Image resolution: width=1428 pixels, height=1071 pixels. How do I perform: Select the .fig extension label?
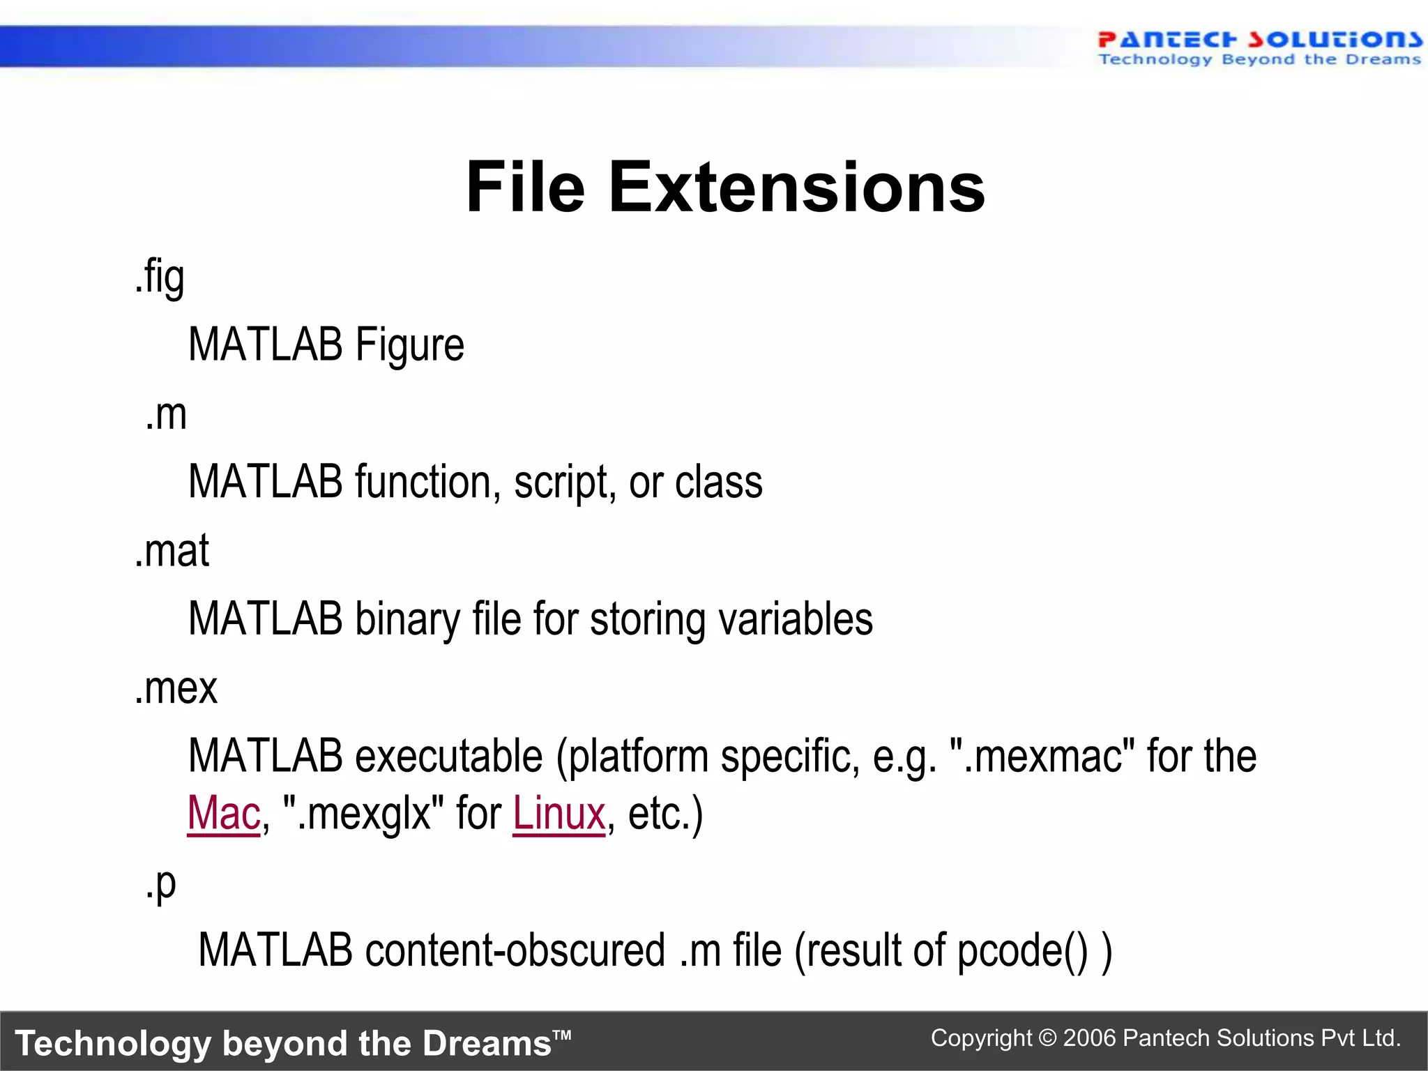coord(160,277)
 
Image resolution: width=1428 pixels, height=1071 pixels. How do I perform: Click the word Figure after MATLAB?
coord(409,345)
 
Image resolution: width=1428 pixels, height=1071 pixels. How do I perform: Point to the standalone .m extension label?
coord(166,415)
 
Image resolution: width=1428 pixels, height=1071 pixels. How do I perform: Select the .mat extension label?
coord(172,551)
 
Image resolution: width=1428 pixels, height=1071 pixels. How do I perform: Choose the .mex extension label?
coord(176,688)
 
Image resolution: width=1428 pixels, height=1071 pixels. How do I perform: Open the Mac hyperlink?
coord(224,814)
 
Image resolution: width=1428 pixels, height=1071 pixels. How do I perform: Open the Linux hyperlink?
coord(559,814)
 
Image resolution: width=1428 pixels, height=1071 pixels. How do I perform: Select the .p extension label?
coord(161,884)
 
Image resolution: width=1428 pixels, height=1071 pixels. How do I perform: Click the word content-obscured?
coord(515,950)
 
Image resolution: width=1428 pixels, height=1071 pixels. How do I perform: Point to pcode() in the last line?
coord(1021,950)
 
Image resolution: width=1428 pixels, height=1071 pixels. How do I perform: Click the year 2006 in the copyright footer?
coord(1090,1038)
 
